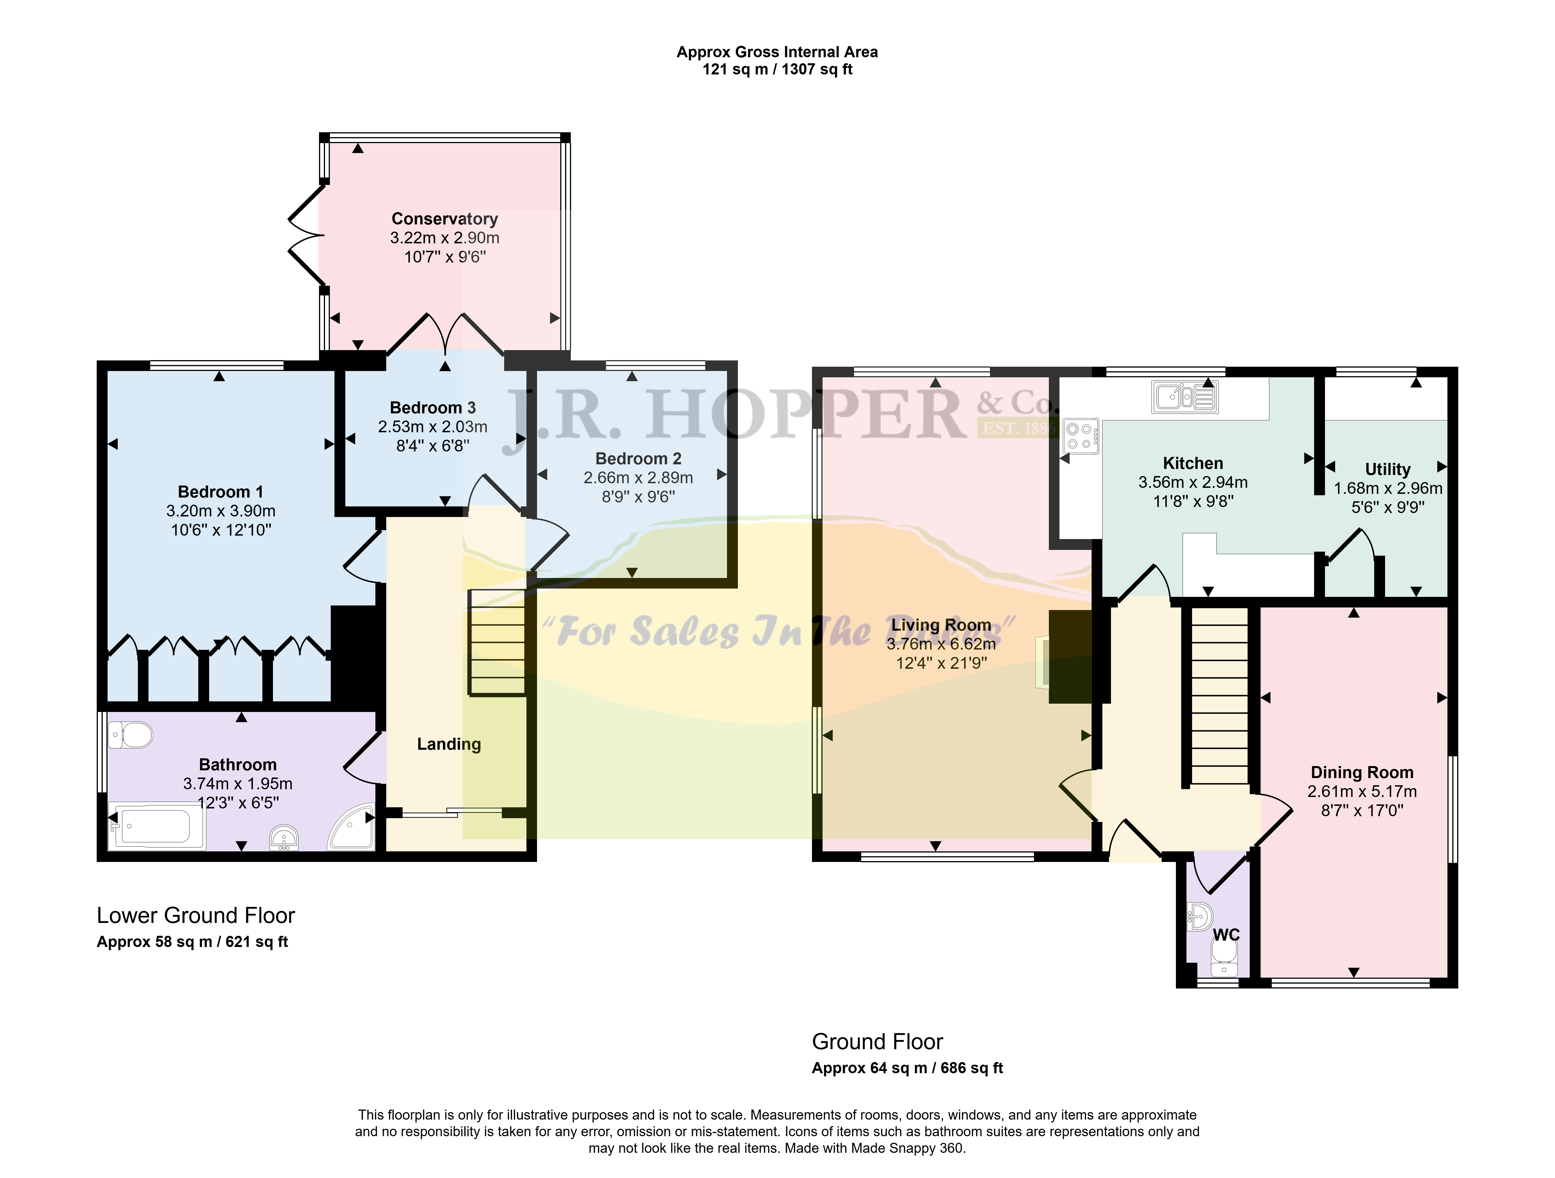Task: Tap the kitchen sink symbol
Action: [x=1184, y=397]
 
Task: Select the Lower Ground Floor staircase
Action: [x=497, y=642]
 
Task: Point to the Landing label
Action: [x=449, y=744]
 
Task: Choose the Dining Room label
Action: [x=1362, y=772]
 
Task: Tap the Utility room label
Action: [x=1388, y=469]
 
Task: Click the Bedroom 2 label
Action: [x=638, y=459]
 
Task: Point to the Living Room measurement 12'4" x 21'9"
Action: [x=941, y=662]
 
